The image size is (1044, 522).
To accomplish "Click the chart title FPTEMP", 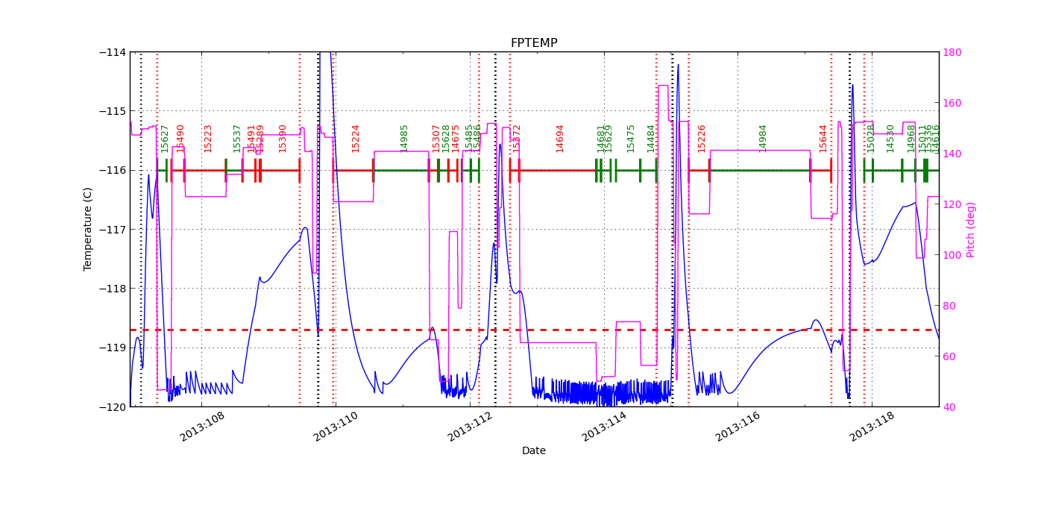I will point(534,43).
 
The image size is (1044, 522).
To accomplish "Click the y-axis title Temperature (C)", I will point(88,229).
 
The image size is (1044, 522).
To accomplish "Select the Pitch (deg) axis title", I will point(971,229).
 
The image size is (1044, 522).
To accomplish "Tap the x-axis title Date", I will point(534,450).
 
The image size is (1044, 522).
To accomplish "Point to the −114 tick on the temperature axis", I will point(114,52).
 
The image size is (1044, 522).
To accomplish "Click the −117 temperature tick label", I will point(114,229).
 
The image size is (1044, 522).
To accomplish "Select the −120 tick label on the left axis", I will point(114,406).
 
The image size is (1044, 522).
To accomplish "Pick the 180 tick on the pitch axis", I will point(952,52).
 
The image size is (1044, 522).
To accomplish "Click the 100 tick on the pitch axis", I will point(952,255).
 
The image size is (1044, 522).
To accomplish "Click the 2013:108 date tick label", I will point(203,427).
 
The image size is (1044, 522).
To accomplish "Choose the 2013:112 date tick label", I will point(471,427).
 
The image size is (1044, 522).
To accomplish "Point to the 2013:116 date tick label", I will point(739,427).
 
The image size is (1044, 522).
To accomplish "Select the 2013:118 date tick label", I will point(873,427).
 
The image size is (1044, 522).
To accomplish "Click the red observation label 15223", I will point(208,138).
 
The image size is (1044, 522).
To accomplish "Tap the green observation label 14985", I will point(405,138).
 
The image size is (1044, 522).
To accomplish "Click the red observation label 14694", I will point(560,138).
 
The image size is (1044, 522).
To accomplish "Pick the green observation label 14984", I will point(763,138).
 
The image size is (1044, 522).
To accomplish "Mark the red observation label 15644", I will point(823,138).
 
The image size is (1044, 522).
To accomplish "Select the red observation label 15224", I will point(356,138).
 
